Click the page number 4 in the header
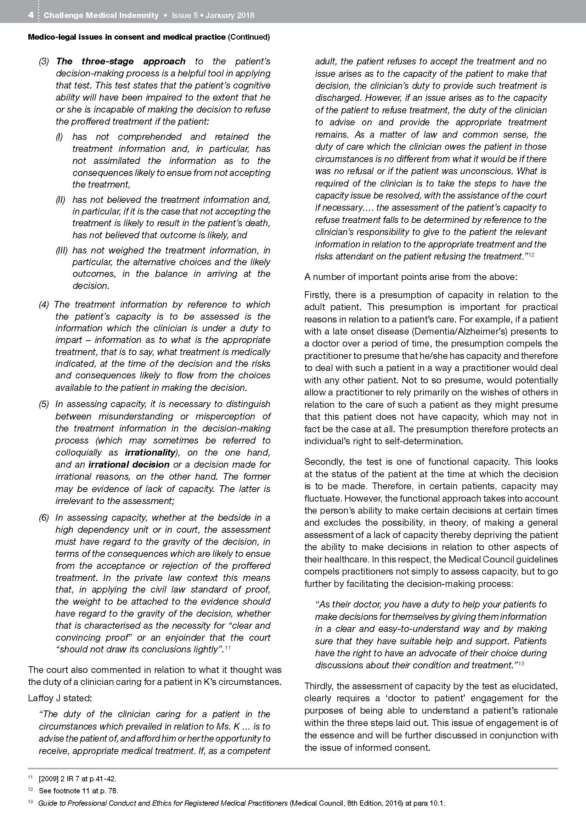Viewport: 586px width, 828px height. click(x=31, y=15)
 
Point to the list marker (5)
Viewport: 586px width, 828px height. click(x=44, y=404)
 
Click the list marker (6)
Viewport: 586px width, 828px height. click(x=44, y=518)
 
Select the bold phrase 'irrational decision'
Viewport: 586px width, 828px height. click(x=129, y=464)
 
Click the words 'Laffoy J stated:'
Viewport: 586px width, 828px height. click(x=60, y=698)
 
